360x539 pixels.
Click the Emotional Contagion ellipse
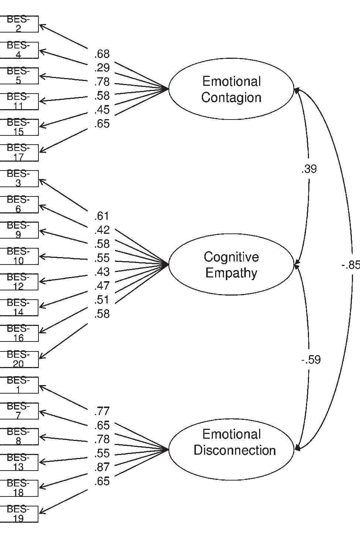click(231, 89)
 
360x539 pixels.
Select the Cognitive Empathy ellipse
click(231, 265)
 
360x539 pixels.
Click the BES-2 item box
click(18, 24)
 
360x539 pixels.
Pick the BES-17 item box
click(18, 153)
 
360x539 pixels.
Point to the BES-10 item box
click(18, 256)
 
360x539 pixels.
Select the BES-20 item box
click(18, 359)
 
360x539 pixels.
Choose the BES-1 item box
click(18, 385)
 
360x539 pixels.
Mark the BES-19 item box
click(18, 514)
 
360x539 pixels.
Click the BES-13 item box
click(18, 462)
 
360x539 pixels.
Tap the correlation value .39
click(309, 169)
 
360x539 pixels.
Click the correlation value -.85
click(350, 265)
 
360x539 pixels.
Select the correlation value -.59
click(311, 360)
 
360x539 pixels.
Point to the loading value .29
click(102, 68)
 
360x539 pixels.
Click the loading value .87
click(102, 467)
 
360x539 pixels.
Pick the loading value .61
click(102, 216)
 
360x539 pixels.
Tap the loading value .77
click(102, 411)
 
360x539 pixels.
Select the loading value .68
click(102, 54)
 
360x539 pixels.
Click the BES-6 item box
click(18, 205)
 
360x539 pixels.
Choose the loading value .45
click(102, 110)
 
